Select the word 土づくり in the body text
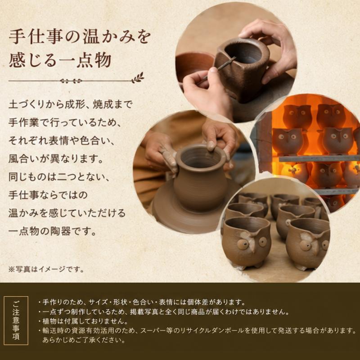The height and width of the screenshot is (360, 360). [27, 104]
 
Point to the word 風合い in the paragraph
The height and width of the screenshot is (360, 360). [24, 159]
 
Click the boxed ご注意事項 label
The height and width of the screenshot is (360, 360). [16, 320]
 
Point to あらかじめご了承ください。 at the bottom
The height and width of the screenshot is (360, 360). [84, 340]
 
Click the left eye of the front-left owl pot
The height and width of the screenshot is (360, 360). [242, 244]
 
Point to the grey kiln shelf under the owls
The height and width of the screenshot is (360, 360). [319, 158]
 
